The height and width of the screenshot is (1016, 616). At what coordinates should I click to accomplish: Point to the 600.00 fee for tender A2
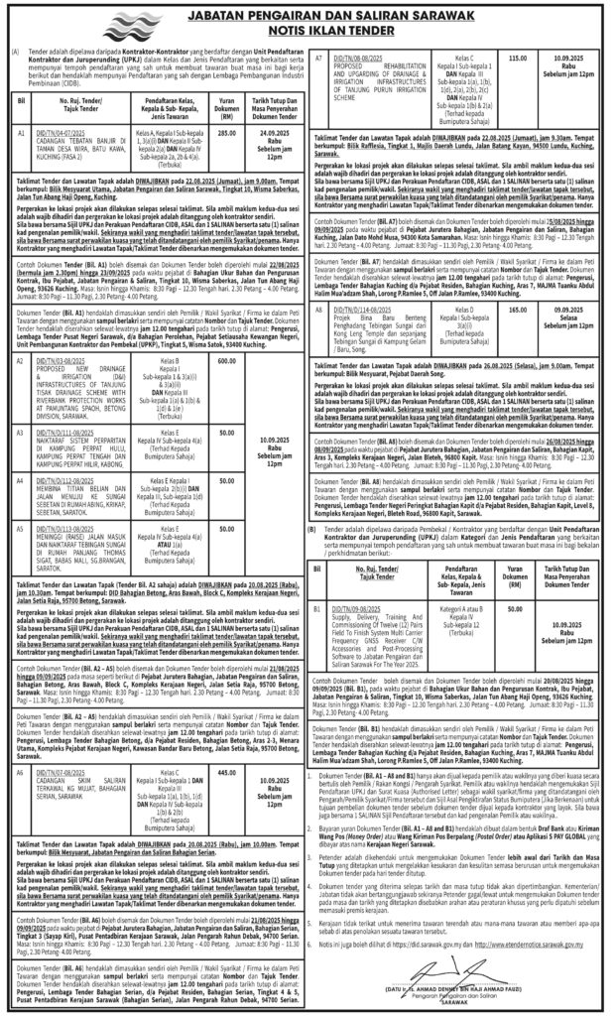pos(227,361)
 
